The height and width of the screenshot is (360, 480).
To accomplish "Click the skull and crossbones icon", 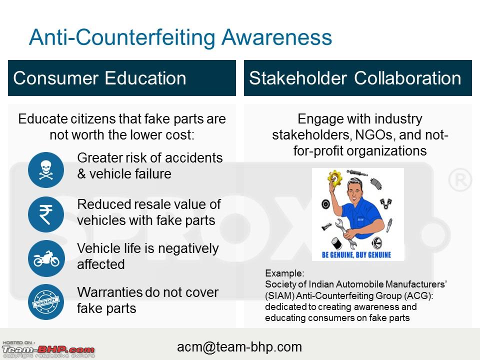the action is click(46, 170).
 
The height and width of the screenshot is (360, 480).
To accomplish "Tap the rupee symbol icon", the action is click(46, 214).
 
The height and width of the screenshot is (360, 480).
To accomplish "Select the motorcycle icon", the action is click(46, 258).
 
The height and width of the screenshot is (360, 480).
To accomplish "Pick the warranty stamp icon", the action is click(46, 302).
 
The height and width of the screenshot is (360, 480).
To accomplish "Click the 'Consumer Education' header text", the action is click(100, 78).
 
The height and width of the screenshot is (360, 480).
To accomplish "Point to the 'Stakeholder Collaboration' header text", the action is click(355, 78).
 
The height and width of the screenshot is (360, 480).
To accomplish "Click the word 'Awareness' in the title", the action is click(276, 37).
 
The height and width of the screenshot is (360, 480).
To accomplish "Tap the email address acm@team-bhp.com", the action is click(239, 347).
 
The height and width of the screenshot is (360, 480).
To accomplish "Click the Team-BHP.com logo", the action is click(48, 349).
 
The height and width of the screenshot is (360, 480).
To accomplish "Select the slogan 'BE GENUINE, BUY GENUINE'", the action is click(356, 254).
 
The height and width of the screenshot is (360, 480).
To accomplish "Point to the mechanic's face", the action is click(354, 192).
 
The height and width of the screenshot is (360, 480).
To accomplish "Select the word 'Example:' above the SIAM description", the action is click(284, 273).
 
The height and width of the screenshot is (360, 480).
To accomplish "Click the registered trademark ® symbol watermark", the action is click(460, 180).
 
